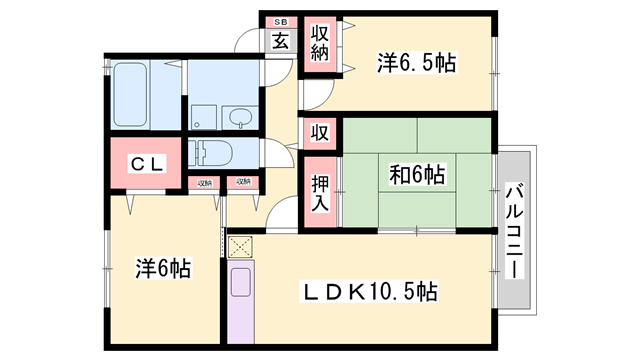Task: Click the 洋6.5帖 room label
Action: click(417, 62)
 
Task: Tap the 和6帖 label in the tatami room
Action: click(416, 174)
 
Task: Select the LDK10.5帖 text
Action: click(370, 291)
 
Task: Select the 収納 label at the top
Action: click(319, 43)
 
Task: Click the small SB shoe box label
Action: click(280, 21)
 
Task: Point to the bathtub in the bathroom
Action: click(130, 95)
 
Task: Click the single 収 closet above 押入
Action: click(319, 131)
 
